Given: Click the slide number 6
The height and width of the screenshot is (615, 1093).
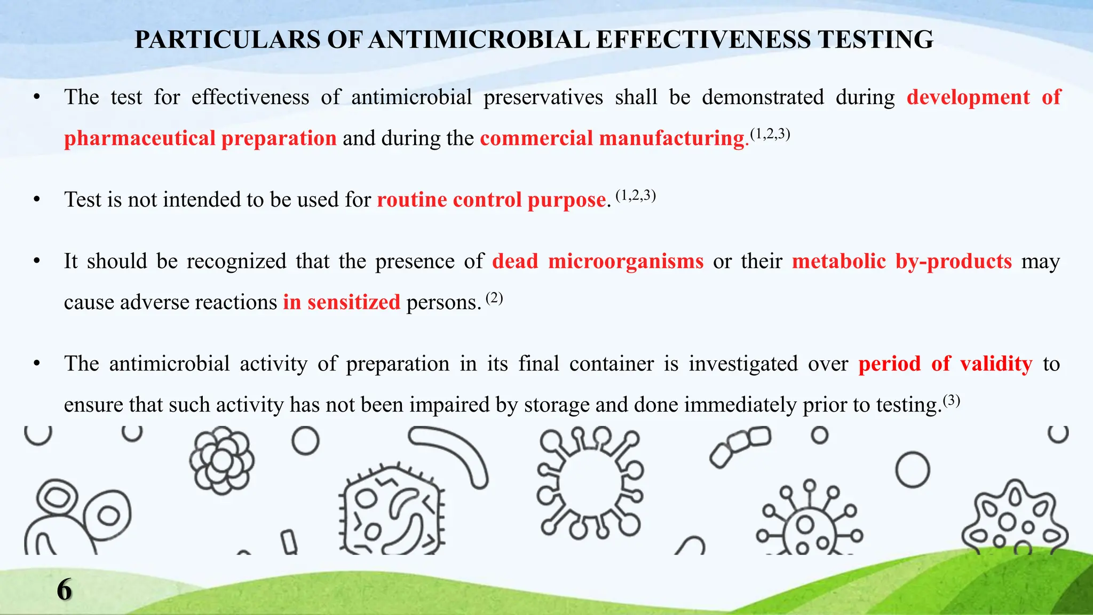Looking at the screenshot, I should [64, 590].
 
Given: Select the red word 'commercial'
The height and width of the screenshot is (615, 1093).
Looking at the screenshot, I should [536, 138].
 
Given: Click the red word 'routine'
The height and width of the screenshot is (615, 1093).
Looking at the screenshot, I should [412, 200].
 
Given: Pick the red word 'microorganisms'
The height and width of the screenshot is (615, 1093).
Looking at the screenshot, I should [625, 261].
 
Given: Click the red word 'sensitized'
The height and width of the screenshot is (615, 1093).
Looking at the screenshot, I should [353, 302].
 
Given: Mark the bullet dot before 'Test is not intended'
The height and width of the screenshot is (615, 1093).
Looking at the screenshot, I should [36, 200].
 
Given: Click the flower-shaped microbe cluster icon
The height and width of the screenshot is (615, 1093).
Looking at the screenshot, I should [222, 460].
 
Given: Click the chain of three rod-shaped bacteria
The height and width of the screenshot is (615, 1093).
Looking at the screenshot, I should [740, 446].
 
